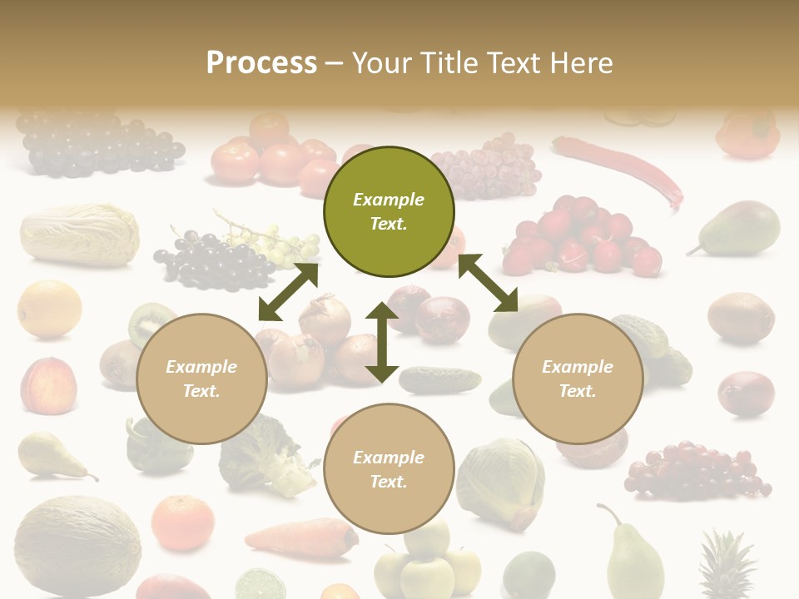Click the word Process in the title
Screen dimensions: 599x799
point(261,63)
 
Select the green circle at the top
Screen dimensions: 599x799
point(389,211)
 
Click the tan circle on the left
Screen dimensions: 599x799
point(201,379)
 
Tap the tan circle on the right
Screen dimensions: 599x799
point(578,379)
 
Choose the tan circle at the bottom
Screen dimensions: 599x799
point(389,468)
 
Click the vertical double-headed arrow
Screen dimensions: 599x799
point(382,342)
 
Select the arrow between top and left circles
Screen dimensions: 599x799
point(288,292)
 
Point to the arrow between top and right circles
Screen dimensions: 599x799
point(488,283)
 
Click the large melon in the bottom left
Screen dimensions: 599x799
point(77,546)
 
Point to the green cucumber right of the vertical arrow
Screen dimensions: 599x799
point(439,379)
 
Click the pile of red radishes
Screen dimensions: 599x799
point(582,236)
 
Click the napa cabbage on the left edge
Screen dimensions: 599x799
point(79,235)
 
